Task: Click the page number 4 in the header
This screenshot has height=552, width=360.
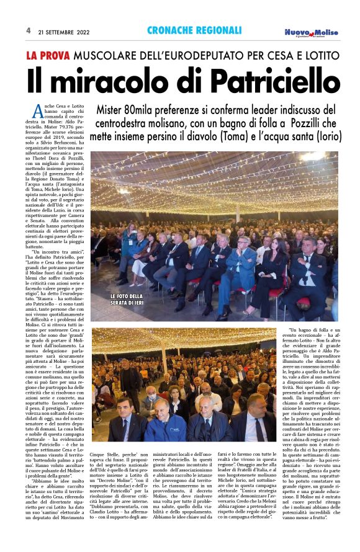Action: coord(28,30)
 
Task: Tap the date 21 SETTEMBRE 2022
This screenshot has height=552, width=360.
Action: coord(65,30)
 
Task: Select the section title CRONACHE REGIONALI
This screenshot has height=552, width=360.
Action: coord(194,30)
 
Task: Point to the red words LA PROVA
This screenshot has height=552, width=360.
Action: coord(48,56)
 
